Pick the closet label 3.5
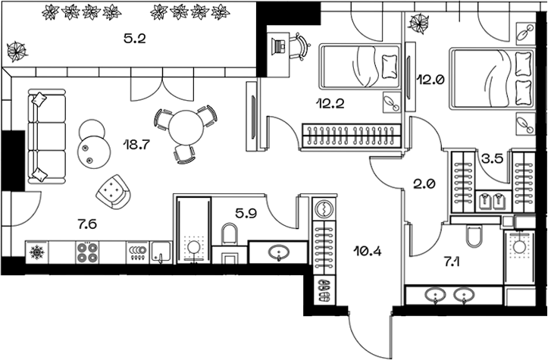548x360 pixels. click(x=493, y=159)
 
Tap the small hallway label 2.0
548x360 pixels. click(x=423, y=182)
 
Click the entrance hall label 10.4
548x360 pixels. click(x=368, y=248)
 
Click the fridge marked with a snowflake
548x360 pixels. click(x=36, y=252)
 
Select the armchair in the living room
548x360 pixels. click(x=114, y=189)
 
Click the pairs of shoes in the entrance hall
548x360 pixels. click(x=324, y=287)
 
